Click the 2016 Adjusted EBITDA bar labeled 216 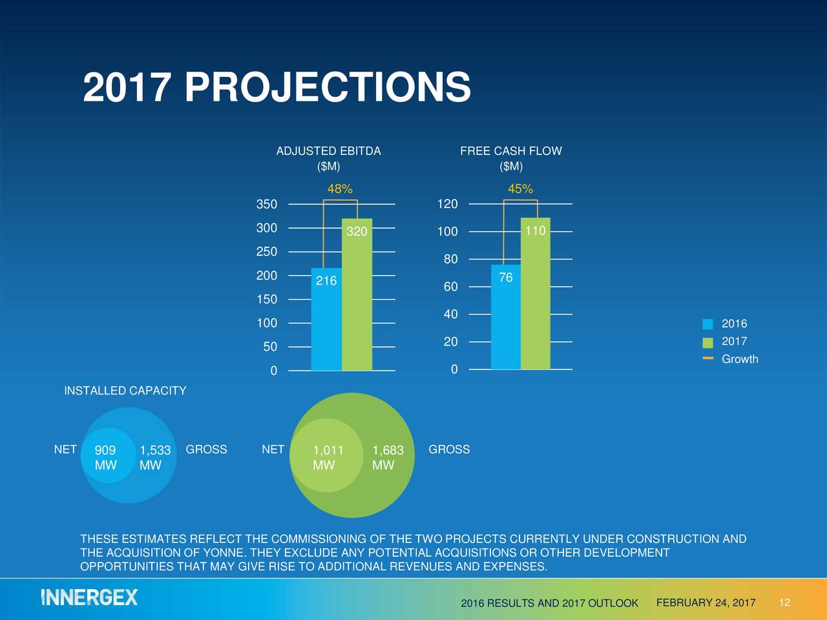[326, 319]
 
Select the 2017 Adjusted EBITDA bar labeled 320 [357, 294]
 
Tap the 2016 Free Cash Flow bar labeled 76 [505, 317]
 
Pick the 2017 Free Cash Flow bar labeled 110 [535, 294]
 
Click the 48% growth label [340, 189]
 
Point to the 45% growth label [520, 189]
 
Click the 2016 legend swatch [708, 324]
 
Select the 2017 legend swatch [708, 342]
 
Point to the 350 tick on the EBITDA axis [267, 204]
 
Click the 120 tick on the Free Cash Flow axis [447, 204]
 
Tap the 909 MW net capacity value [105, 457]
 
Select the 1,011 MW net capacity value [328, 457]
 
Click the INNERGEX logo [90, 597]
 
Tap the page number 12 [784, 603]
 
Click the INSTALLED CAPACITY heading [125, 391]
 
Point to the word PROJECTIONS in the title [328, 87]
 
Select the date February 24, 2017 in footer [706, 603]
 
